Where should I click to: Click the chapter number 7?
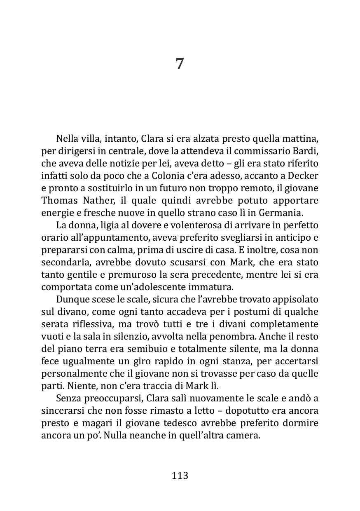180,64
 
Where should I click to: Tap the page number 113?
180,475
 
